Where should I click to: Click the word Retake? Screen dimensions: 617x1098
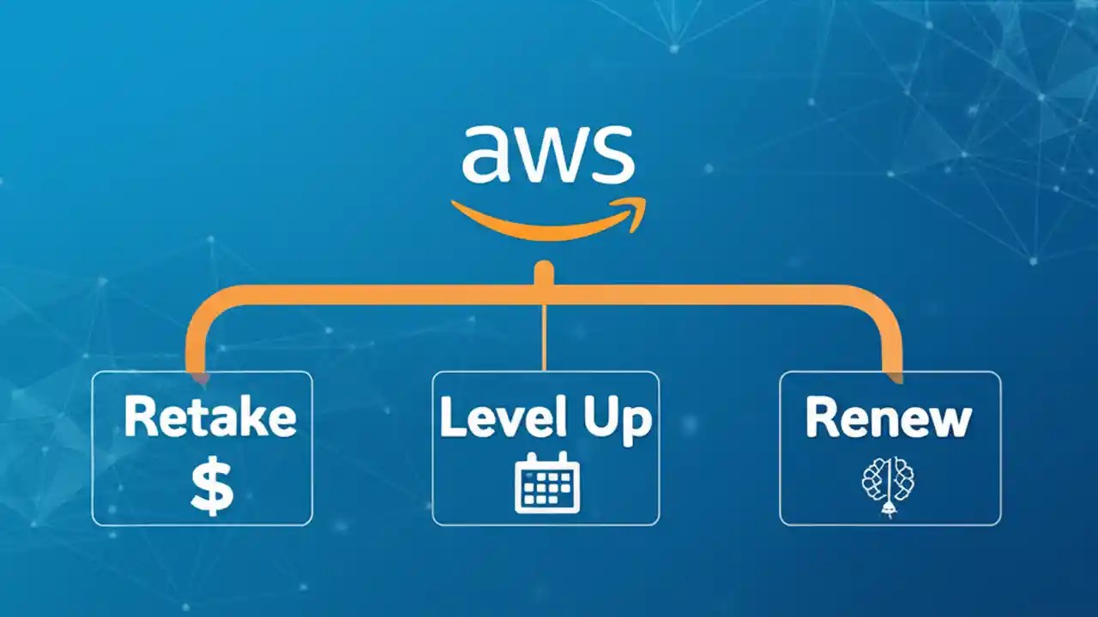pyautogui.click(x=210, y=417)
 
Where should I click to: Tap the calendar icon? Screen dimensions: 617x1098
pyautogui.click(x=547, y=484)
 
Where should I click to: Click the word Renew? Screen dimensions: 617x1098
pyautogui.click(x=888, y=417)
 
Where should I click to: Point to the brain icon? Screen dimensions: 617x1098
pyautogui.click(x=888, y=486)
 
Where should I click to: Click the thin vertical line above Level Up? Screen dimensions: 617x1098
pyautogui.click(x=545, y=338)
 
